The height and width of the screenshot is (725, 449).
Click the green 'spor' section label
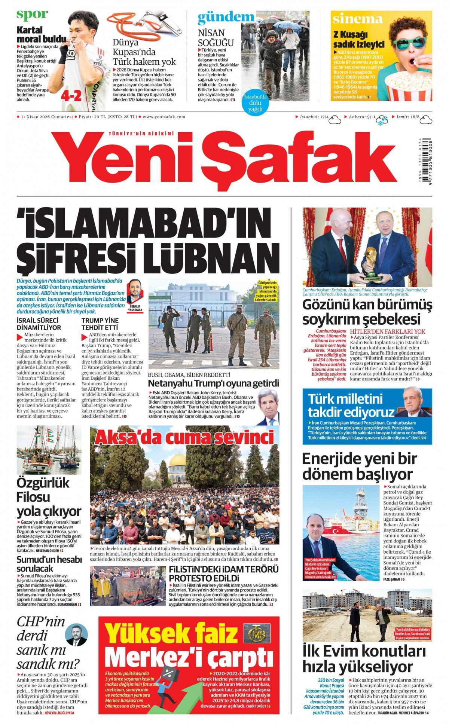click(x=32, y=14)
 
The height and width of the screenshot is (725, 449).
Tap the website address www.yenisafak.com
click(x=164, y=117)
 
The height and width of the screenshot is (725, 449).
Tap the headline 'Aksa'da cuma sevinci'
click(x=184, y=437)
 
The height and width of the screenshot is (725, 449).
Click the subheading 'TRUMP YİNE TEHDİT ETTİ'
click(x=100, y=324)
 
